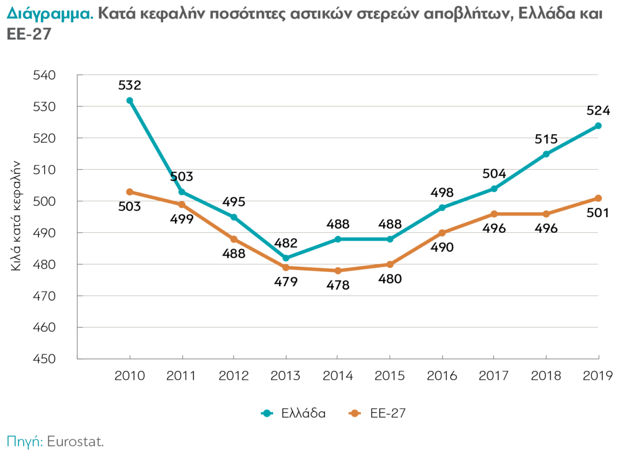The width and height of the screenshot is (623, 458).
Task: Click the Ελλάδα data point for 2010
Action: point(130,101)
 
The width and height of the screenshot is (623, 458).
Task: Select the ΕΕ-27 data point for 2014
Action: point(338,271)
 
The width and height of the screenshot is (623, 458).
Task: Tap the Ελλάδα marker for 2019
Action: point(598,126)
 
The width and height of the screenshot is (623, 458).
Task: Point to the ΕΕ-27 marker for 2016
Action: point(442,233)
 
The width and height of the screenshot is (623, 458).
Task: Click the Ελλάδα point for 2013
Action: point(286,258)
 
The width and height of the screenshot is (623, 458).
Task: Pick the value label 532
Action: point(130,85)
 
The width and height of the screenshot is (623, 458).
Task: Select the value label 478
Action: point(338,285)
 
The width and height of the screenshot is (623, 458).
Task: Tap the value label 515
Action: point(546,139)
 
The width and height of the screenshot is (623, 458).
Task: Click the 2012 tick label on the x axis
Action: point(234,376)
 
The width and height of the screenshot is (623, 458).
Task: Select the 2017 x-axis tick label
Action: point(494,376)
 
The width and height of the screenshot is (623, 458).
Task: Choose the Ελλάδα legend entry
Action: point(294,413)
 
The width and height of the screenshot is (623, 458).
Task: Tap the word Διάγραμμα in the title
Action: point(50,14)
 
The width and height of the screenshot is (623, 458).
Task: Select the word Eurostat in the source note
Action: point(75,442)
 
